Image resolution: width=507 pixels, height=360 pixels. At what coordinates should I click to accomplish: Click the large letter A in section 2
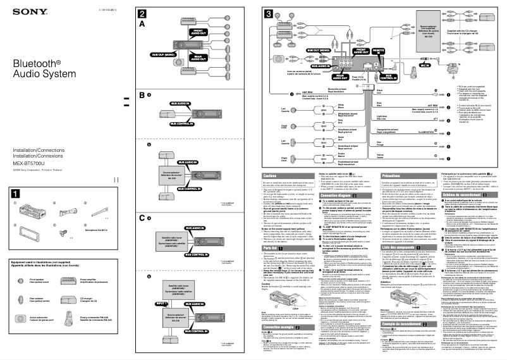142,23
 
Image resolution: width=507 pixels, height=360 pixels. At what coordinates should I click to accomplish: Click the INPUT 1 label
144,304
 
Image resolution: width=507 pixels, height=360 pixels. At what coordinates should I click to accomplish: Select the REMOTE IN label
377,51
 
